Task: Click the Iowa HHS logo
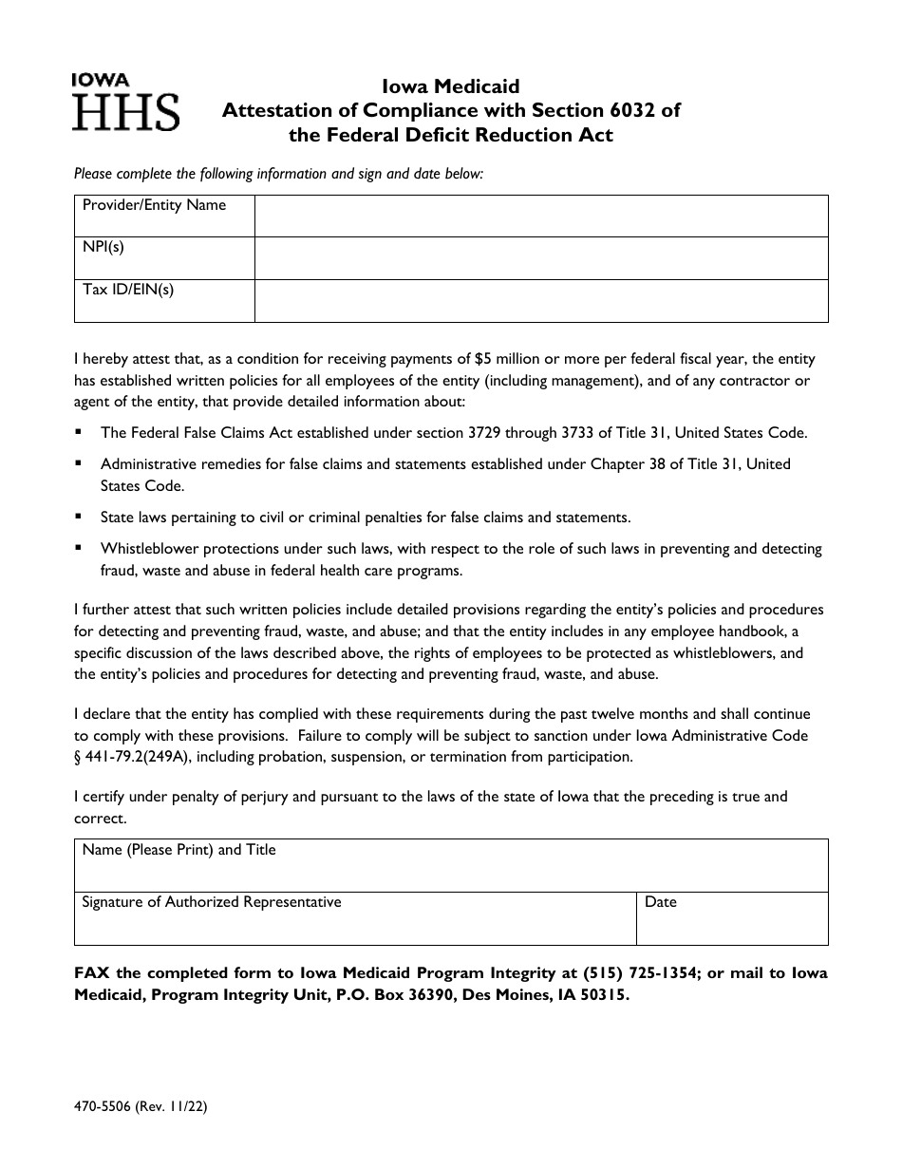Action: (124, 103)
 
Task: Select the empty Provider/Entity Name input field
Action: (541, 216)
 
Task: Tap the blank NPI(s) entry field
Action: (541, 258)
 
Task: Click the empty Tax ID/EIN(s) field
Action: (541, 301)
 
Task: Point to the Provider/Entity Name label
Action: (154, 205)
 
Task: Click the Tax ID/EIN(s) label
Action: (128, 291)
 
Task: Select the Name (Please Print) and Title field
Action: (451, 865)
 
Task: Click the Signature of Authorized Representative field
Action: (355, 918)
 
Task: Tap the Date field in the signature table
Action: (731, 918)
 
